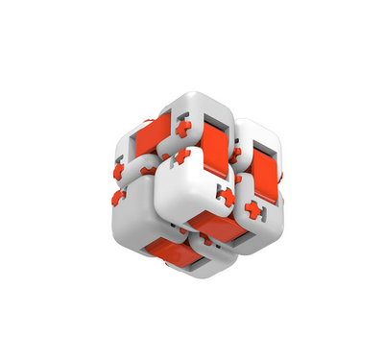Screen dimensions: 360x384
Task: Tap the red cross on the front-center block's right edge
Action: tap(227, 196)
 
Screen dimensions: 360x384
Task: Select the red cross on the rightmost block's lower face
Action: tap(254, 208)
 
